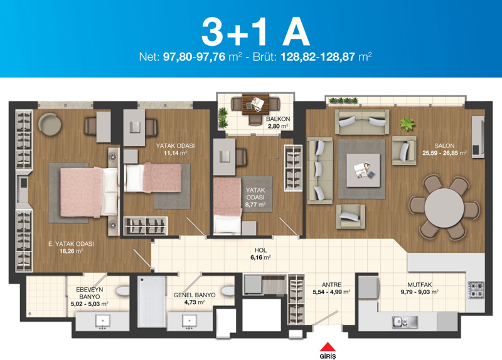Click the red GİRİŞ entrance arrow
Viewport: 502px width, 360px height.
pos(328,347)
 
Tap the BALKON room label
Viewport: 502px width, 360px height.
pos(278,119)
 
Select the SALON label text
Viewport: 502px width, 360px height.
pos(444,146)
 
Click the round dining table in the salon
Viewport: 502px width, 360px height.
pos(444,208)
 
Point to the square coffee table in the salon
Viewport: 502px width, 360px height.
pos(363,170)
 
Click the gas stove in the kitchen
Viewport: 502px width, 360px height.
pos(476,290)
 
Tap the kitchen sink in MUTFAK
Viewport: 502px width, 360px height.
pos(405,322)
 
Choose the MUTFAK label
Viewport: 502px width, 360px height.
pos(419,285)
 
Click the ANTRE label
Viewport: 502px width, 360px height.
pos(331,285)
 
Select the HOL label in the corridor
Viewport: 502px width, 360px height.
pos(260,251)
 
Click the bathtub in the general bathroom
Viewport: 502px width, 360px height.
pos(152,302)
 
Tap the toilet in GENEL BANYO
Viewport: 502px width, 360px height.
pos(228,290)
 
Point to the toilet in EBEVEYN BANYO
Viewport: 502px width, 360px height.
pos(122,290)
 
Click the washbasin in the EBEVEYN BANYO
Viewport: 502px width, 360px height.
pos(103,321)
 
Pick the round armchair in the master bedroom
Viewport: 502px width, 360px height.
pos(50,125)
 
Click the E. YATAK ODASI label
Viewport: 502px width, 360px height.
pos(71,244)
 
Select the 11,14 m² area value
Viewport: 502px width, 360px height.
pos(175,153)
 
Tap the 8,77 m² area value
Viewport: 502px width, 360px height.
pos(255,204)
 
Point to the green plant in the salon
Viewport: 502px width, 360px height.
pos(407,124)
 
